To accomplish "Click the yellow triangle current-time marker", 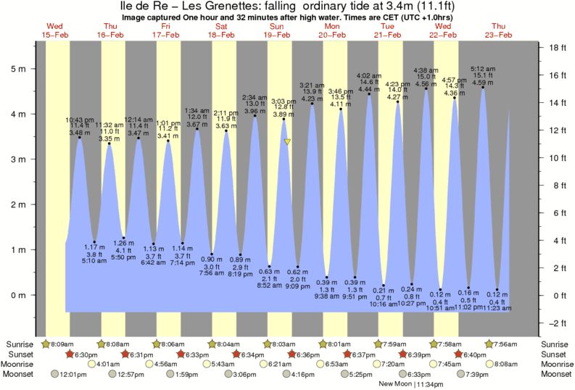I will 288,142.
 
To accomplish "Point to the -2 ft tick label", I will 556,323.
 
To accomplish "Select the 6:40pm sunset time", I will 476,354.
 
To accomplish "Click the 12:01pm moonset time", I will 73,375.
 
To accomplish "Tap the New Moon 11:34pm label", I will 409,385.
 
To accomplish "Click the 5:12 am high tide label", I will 483,70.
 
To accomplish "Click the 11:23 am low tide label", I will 497,308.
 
